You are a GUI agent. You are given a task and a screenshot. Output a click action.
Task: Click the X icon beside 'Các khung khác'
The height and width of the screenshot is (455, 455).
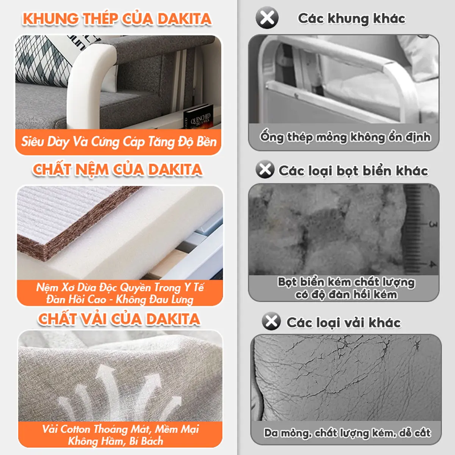267,17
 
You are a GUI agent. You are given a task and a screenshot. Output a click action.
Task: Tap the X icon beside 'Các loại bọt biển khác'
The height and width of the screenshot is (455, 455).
265,169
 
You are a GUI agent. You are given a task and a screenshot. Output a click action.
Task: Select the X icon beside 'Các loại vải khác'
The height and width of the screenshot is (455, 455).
271,322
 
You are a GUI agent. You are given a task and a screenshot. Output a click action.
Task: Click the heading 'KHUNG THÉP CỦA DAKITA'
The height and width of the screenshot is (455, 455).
117,19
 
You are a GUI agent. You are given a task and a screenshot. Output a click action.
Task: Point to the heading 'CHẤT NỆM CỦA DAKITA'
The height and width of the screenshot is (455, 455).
118,169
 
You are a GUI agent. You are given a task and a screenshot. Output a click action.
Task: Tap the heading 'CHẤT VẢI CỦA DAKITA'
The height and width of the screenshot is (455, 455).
119,319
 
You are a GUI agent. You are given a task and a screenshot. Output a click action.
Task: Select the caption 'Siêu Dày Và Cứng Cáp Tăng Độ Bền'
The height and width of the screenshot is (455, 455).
119,142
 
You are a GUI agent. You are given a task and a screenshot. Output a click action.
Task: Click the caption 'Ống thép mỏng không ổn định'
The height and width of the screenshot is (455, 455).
345,136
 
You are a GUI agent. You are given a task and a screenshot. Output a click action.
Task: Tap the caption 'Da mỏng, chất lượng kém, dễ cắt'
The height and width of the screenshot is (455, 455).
347,433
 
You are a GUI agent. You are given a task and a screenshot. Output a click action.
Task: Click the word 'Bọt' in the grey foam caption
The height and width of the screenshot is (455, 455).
287,282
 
